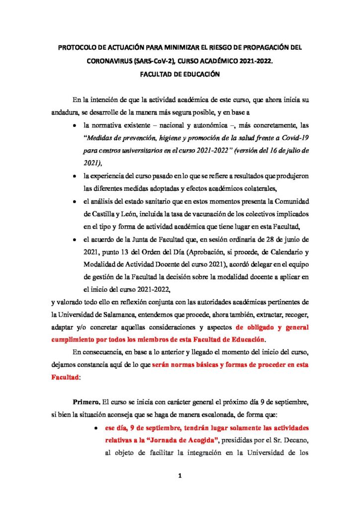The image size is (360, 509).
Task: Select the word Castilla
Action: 102,214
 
